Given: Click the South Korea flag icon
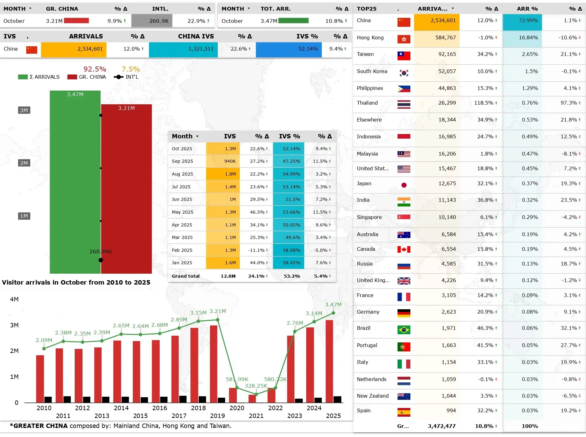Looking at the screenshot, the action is coord(404,73).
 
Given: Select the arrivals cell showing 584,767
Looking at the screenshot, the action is coord(437,38).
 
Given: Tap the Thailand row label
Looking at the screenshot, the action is coord(367,103).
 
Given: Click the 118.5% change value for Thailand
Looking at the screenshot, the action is coord(483,103).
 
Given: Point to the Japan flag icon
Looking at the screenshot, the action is coord(404,185).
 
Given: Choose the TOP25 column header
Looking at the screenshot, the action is coord(367,9).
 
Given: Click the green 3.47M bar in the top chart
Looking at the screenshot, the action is coord(75,182).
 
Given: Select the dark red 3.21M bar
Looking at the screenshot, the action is coord(127,189).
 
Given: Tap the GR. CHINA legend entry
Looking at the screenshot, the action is coord(87,77).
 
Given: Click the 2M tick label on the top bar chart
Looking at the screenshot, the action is coord(24,163).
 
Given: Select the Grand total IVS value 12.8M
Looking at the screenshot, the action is coord(228,276).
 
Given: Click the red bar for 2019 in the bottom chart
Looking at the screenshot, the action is coord(214,364).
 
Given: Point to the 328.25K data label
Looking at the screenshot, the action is coord(256,386).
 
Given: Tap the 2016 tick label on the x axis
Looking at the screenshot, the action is coord(160,408).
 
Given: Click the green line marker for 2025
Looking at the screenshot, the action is coord(333,313).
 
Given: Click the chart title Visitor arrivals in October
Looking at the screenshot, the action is coord(76,282).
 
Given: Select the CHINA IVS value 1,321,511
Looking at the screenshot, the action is coord(201,49).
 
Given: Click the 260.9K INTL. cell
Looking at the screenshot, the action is coord(152,21).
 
